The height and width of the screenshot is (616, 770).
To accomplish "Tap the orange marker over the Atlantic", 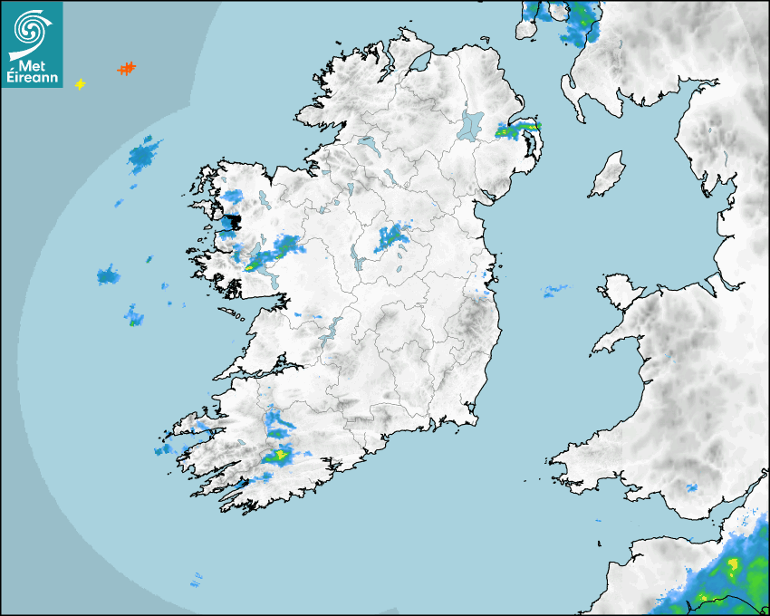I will [126, 68].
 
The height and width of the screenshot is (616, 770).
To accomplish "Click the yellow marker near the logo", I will [80, 84].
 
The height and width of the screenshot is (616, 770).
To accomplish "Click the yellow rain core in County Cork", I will [280, 455].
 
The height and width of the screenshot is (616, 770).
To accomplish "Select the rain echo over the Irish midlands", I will [393, 238].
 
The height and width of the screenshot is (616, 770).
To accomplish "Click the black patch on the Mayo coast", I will [232, 221].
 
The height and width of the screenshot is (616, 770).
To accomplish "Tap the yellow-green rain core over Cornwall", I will [732, 569].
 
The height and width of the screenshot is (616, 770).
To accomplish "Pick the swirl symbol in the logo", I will [29, 27].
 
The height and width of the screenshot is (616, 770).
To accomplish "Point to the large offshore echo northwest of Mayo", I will [143, 156].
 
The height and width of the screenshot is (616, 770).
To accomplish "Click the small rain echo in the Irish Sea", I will [553, 291].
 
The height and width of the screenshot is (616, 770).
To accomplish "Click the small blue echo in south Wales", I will [692, 487].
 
